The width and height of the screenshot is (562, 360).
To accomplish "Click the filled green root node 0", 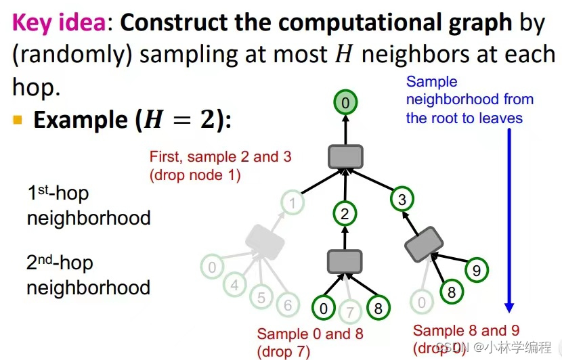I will pyautogui.click(x=345, y=104).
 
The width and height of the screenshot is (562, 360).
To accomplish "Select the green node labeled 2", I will pyautogui.click(x=345, y=215).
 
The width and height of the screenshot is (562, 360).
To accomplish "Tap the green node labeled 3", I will pyautogui.click(x=403, y=199).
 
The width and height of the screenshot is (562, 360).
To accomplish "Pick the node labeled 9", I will pyautogui.click(x=477, y=271).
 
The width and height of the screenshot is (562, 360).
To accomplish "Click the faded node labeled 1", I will pyautogui.click(x=293, y=202).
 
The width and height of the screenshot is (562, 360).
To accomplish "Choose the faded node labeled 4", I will pyautogui.click(x=235, y=285).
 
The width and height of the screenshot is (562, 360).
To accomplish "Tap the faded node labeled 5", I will pyautogui.click(x=261, y=296).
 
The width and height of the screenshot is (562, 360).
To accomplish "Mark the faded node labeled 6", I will pyautogui.click(x=287, y=306).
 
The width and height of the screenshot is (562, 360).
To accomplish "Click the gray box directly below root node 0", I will pyautogui.click(x=345, y=157).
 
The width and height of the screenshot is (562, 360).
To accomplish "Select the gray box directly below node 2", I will pyautogui.click(x=345, y=261).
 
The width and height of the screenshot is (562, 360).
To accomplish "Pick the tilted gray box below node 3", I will pyautogui.click(x=424, y=244).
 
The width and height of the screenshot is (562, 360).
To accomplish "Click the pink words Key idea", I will pyautogui.click(x=60, y=23).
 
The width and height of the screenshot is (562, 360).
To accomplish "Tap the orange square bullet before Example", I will pyautogui.click(x=18, y=121).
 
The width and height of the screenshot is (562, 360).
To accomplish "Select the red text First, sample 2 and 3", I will pyautogui.click(x=221, y=156).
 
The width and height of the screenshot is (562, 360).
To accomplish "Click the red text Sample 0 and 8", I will pyautogui.click(x=305, y=334).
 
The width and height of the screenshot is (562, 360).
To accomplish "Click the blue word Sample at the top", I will pyautogui.click(x=431, y=82).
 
